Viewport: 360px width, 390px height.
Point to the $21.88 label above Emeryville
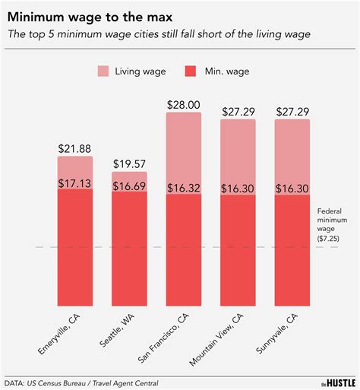76,148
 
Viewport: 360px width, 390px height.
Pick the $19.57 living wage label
130,163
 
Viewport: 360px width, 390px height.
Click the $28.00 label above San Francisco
184,104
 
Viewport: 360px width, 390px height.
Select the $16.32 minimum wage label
184,187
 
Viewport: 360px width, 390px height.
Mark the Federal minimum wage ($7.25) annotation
334,224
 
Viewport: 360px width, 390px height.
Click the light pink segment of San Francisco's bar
184,152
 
